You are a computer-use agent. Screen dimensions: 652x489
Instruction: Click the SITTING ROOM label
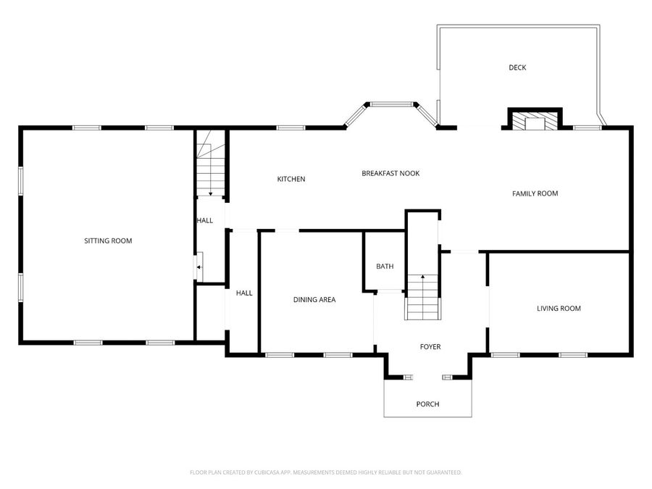click(x=108, y=241)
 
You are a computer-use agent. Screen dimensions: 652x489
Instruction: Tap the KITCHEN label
click(x=291, y=179)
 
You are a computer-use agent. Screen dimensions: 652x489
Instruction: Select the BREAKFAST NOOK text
click(x=390, y=173)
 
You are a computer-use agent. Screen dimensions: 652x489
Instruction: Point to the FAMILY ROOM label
click(x=535, y=193)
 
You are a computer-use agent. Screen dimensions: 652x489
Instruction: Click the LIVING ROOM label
click(x=559, y=309)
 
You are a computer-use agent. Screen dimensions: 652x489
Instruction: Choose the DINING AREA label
click(x=314, y=299)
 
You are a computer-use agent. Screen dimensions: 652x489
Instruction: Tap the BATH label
click(x=385, y=266)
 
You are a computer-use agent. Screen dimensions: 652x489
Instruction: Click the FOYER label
click(x=430, y=347)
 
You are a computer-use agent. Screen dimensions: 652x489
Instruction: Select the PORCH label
click(x=427, y=404)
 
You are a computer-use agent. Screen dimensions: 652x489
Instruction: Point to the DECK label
click(x=517, y=67)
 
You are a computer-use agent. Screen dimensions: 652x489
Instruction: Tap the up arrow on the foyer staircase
click(x=423, y=276)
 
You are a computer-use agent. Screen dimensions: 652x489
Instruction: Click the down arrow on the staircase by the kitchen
click(x=211, y=193)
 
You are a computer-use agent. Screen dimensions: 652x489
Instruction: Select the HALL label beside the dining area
click(x=244, y=293)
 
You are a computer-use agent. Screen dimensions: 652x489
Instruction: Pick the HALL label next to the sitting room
click(x=204, y=220)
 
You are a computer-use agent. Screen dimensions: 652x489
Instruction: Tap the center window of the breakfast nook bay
click(x=390, y=104)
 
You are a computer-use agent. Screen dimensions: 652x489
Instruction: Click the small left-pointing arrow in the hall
click(x=199, y=267)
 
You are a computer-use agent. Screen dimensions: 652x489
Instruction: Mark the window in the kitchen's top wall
click(x=291, y=128)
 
